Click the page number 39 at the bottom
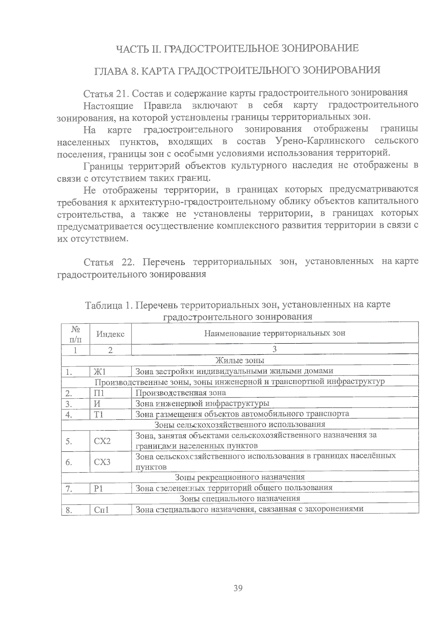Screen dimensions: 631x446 [x=238, y=588]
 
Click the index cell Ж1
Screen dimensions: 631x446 [x=100, y=371]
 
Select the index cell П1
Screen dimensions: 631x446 [x=99, y=393]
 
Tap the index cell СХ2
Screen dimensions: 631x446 [x=102, y=441]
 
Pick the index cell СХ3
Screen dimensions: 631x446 [x=102, y=462]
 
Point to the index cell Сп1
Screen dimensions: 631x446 [x=101, y=510]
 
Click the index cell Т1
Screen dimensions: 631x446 [x=99, y=414]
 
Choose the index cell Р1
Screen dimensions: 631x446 [x=98, y=488]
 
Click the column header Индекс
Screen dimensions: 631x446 [x=110, y=334]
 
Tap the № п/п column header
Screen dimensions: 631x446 [x=75, y=334]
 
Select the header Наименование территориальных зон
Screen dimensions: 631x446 [x=275, y=333]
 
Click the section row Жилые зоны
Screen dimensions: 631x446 [x=240, y=360]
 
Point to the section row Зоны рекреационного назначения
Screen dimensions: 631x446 [x=240, y=477]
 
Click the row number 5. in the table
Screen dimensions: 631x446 [x=69, y=441]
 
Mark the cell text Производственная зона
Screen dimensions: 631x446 [x=181, y=393]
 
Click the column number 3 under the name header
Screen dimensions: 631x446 [x=275, y=349]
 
